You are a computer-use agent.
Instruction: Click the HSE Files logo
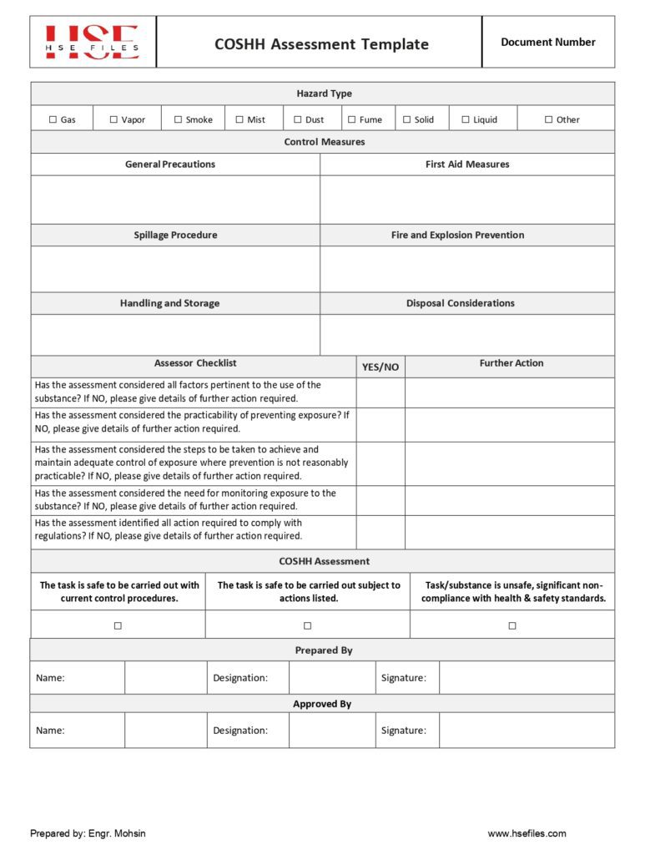[x=92, y=43]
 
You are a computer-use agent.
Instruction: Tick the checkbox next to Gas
[x=53, y=119]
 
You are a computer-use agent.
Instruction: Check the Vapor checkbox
[x=113, y=119]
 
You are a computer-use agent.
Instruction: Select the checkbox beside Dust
[x=298, y=119]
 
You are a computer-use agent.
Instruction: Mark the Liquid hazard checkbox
[x=466, y=119]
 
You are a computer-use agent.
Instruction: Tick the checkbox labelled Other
[x=549, y=119]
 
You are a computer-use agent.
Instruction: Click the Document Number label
[x=547, y=42]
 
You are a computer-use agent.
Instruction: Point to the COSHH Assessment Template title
[x=321, y=44]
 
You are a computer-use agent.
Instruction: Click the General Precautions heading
[x=170, y=164]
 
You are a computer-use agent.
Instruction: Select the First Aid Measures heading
[x=467, y=164]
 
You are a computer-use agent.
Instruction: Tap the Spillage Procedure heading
[x=175, y=235]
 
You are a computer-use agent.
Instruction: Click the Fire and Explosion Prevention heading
[x=457, y=235]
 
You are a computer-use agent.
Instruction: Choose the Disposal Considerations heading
[x=461, y=303]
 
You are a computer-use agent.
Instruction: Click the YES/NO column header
[x=380, y=367]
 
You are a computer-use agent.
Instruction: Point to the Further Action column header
[x=511, y=363]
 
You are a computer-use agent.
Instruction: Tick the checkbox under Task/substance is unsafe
[x=512, y=625]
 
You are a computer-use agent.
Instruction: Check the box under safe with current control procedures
[x=118, y=625]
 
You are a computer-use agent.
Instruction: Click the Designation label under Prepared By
[x=240, y=678]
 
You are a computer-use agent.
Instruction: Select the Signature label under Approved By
[x=403, y=731]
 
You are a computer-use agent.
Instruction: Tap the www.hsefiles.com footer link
[x=527, y=833]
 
